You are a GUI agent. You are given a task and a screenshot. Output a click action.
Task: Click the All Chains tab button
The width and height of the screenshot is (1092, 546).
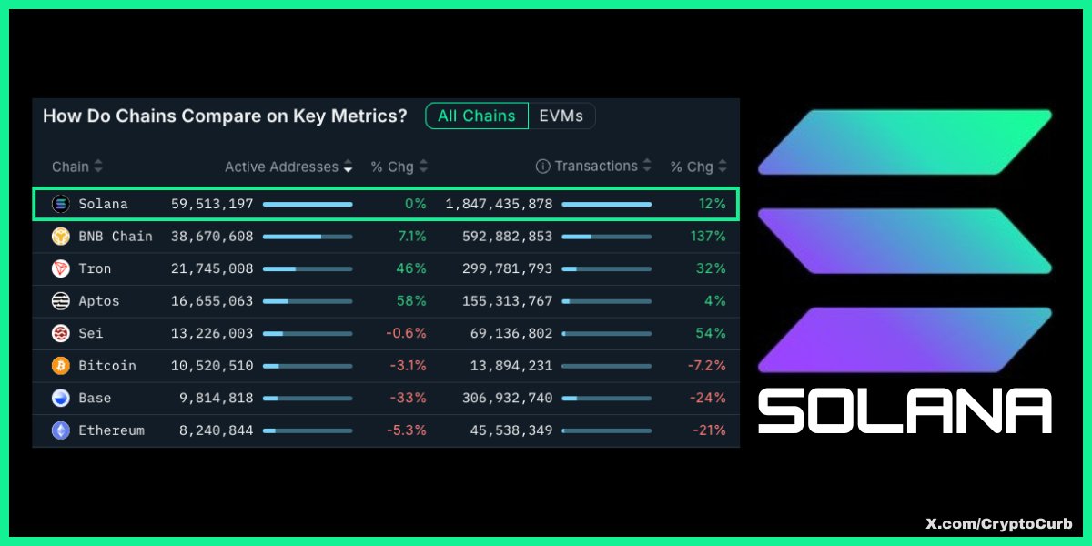click(x=476, y=116)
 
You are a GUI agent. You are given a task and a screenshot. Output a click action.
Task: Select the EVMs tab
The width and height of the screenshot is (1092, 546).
click(x=561, y=116)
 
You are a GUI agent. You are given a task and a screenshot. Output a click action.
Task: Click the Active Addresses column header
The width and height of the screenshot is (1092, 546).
click(x=281, y=167)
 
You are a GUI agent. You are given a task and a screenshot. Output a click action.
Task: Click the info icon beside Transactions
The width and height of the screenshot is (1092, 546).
click(x=543, y=167)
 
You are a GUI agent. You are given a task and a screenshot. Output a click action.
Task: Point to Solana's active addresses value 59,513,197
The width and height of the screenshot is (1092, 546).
click(x=212, y=204)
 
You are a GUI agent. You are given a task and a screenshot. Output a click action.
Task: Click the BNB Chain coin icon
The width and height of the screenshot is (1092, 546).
click(x=61, y=237)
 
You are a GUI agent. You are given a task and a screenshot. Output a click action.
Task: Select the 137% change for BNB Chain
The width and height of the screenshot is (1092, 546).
click(x=707, y=237)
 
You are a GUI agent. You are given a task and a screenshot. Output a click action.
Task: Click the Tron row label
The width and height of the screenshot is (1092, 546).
click(x=95, y=268)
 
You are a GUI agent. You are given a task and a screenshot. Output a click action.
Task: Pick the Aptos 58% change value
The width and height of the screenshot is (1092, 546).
click(x=411, y=301)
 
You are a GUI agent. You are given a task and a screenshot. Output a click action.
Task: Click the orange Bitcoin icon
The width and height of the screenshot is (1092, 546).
click(x=61, y=366)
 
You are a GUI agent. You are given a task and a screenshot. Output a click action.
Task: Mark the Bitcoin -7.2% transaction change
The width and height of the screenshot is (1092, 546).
click(x=706, y=366)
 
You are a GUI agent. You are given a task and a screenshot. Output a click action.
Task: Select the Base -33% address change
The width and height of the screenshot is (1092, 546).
click(x=408, y=398)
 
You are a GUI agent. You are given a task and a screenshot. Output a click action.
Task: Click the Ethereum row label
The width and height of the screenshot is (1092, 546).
click(x=111, y=430)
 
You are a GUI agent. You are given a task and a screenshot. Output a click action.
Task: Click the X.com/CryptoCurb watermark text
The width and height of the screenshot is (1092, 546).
click(x=998, y=524)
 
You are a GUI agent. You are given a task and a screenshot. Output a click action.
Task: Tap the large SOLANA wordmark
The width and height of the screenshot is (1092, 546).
click(x=905, y=410)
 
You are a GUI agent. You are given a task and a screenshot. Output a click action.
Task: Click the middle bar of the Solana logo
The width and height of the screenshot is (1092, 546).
click(x=905, y=241)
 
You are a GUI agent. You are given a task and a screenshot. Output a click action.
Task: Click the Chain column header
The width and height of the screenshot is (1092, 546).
click(x=70, y=167)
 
